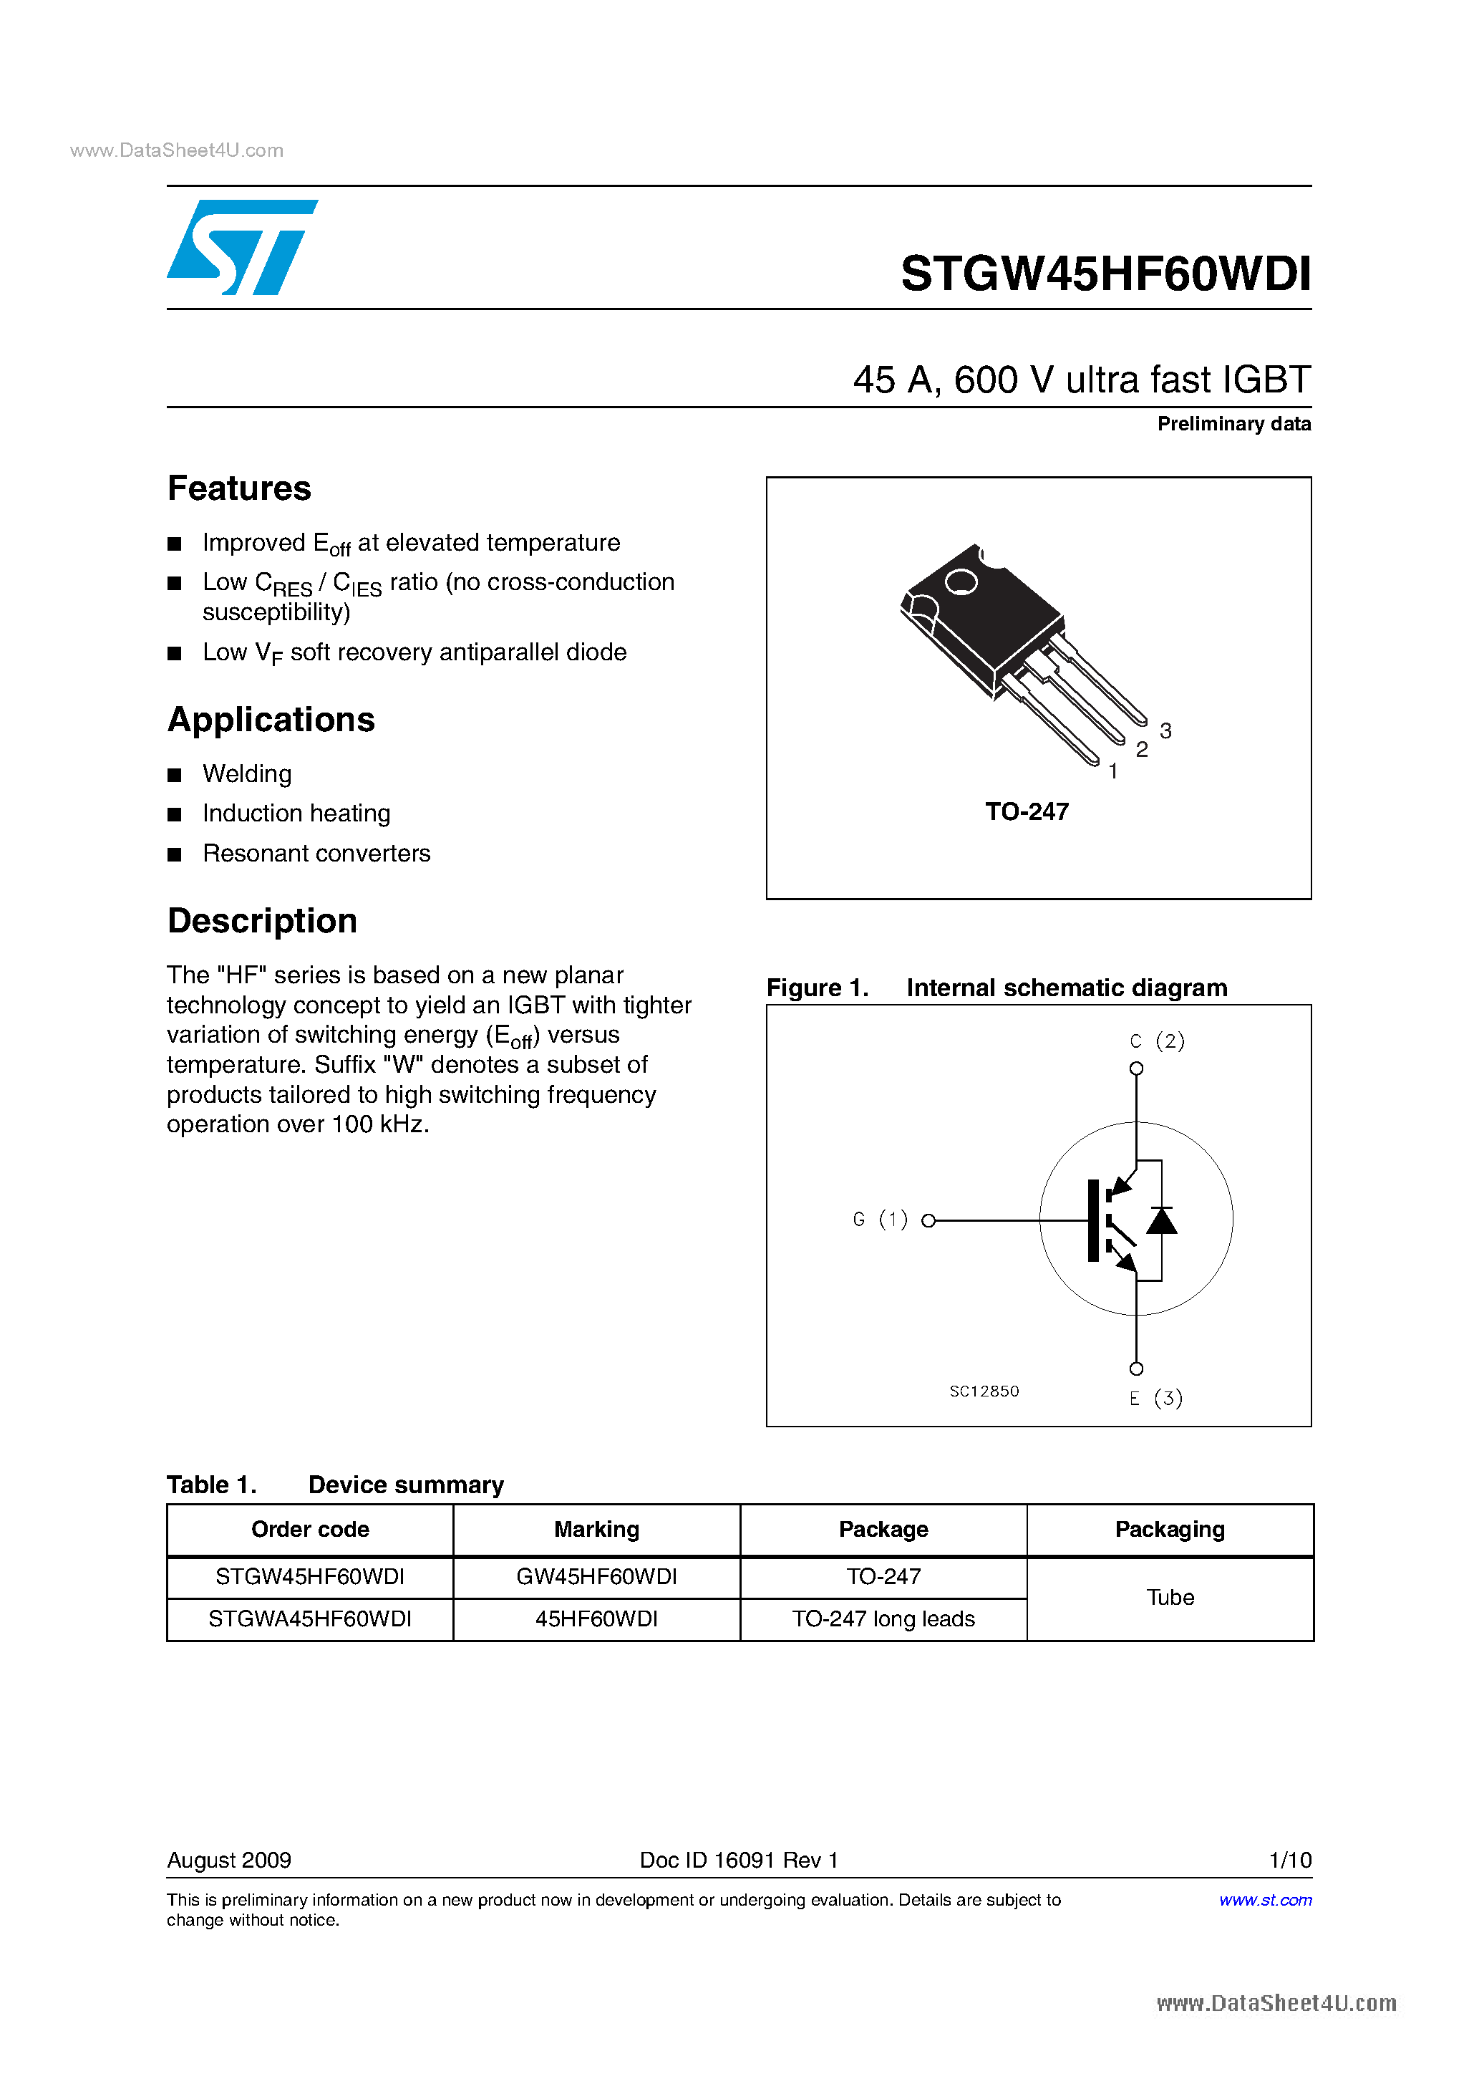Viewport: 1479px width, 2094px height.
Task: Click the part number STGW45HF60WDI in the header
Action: [1105, 273]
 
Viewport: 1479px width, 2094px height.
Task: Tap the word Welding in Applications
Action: [247, 774]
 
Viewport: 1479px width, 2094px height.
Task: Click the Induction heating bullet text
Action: [296, 814]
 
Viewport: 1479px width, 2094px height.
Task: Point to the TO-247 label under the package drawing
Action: [1027, 811]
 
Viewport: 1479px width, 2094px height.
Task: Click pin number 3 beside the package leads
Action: [1165, 730]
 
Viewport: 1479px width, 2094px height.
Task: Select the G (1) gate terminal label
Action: [880, 1220]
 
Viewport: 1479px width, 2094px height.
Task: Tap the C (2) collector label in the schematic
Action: [1156, 1041]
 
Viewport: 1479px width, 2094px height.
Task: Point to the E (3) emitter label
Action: [1155, 1398]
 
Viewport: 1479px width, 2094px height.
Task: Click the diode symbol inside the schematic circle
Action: [1160, 1220]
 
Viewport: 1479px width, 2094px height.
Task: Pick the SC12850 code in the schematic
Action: [984, 1391]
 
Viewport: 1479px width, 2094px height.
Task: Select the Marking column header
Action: [596, 1530]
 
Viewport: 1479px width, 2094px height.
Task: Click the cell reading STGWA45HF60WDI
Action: [310, 1618]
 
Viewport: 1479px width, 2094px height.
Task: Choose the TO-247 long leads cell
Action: [883, 1618]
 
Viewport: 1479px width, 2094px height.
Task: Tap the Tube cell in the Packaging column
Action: [1170, 1597]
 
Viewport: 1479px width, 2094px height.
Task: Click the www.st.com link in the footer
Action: [1265, 1900]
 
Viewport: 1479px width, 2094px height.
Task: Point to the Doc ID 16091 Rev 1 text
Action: [739, 1860]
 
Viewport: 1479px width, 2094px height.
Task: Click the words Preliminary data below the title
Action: [1233, 424]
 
